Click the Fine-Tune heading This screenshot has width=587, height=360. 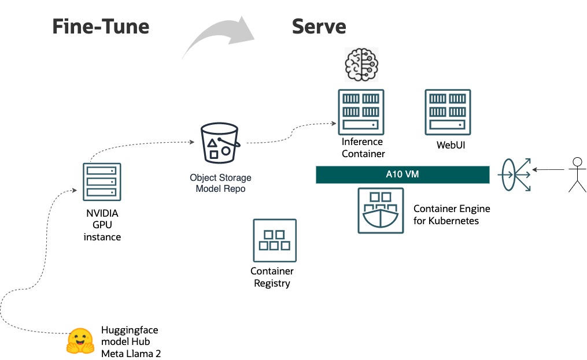point(101,27)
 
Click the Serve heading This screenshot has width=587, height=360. point(319,27)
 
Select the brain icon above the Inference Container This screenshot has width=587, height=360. point(361,64)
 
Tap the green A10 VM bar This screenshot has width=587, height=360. point(403,175)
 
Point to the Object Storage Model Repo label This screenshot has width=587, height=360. point(220,183)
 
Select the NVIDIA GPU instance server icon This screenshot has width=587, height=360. point(102,181)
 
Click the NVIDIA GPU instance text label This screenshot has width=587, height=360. point(102,225)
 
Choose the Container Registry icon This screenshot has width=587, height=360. point(275,240)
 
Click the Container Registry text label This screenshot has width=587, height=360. point(272,277)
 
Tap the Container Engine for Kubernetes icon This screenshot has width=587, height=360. point(380,210)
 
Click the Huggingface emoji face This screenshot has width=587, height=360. point(80,341)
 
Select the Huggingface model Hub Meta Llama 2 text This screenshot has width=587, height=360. point(131,342)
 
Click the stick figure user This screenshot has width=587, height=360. point(576,174)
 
